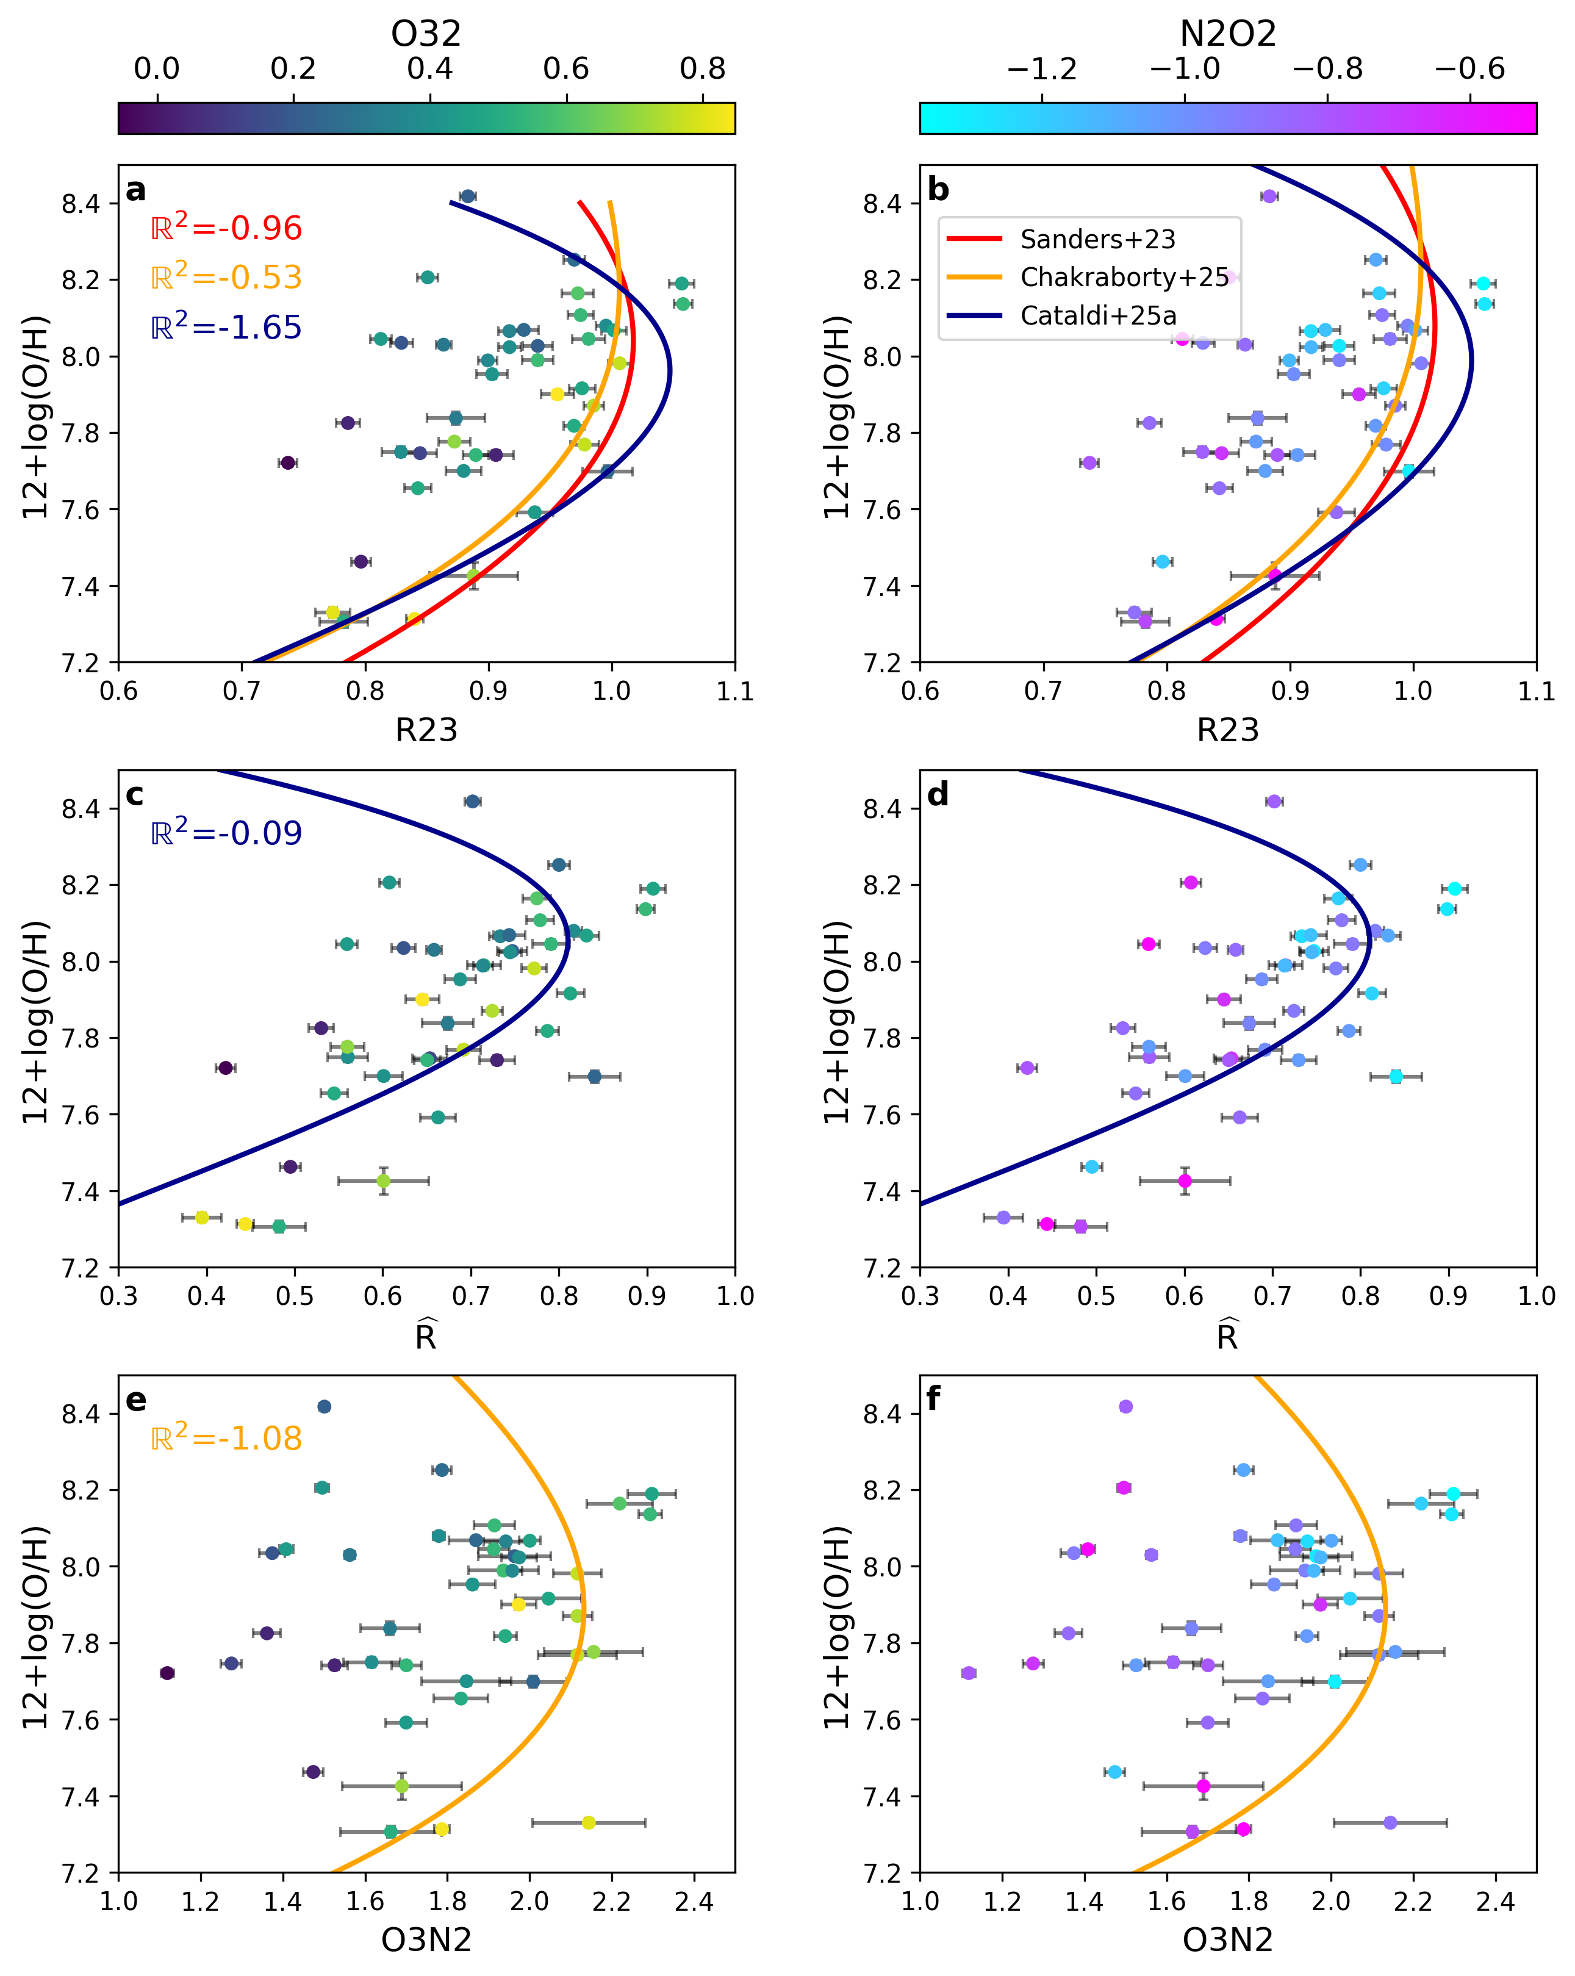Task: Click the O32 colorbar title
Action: pos(426,34)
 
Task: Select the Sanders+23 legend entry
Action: pos(1097,239)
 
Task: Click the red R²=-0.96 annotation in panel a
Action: pos(226,228)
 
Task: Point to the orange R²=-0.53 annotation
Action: pos(226,277)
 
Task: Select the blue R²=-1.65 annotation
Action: pos(226,326)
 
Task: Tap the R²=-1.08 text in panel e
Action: pos(226,1437)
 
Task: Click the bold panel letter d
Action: pos(938,795)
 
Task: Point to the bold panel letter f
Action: pos(934,1399)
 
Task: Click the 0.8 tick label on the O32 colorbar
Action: pos(703,69)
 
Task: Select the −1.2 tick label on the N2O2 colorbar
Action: pos(1042,69)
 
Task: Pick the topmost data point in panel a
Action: pos(467,196)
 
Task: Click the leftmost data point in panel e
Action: pos(167,1673)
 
